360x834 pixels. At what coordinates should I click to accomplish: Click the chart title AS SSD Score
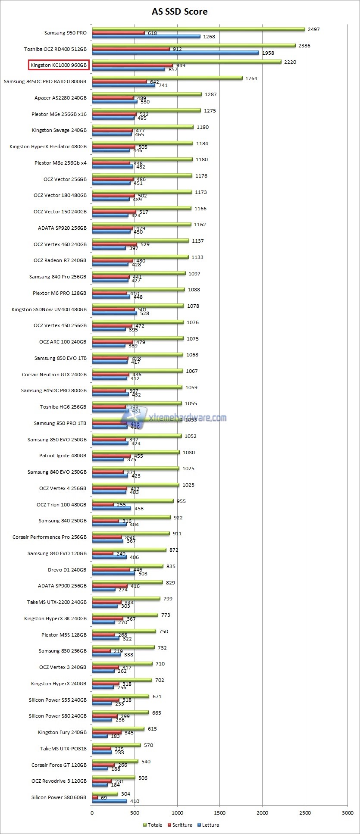pyautogui.click(x=179, y=12)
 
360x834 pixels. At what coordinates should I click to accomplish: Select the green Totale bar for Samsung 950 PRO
pyautogui.click(x=198, y=29)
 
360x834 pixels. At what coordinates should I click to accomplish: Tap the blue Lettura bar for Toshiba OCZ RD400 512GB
pyautogui.click(x=175, y=53)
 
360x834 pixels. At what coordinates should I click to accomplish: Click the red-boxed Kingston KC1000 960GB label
pyautogui.click(x=59, y=65)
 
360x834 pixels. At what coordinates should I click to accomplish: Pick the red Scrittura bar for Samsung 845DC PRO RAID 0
pyautogui.click(x=119, y=81)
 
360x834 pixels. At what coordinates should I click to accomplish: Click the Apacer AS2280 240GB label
pyautogui.click(x=60, y=98)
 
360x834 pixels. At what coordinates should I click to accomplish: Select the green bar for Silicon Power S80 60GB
pyautogui.click(x=105, y=793)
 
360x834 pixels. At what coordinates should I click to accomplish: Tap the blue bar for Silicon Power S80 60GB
pyautogui.click(x=110, y=801)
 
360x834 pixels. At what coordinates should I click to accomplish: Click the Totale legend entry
pyautogui.click(x=153, y=825)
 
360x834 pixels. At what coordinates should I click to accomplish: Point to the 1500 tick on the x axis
pyautogui.click(x=219, y=812)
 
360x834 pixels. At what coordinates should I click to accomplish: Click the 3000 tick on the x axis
pyautogui.click(x=347, y=812)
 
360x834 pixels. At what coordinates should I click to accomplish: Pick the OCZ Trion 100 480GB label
pyautogui.click(x=61, y=505)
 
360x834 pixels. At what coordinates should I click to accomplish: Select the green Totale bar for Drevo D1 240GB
pyautogui.click(x=128, y=566)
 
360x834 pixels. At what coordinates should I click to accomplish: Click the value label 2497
pyautogui.click(x=313, y=29)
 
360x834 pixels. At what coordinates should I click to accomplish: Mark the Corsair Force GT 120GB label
pyautogui.click(x=59, y=765)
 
